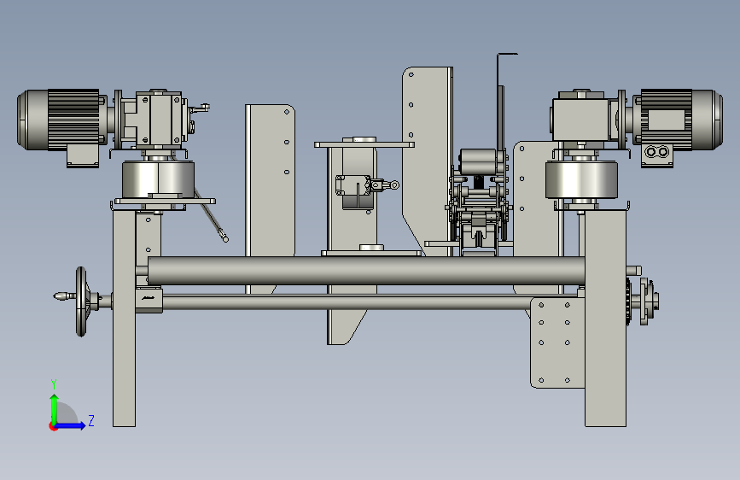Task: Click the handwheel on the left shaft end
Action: click(x=81, y=301)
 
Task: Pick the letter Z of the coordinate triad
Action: click(x=91, y=420)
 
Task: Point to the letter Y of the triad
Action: click(x=54, y=383)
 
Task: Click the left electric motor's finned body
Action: click(x=73, y=120)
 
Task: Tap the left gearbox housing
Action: click(x=159, y=119)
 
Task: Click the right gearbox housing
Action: click(x=580, y=117)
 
